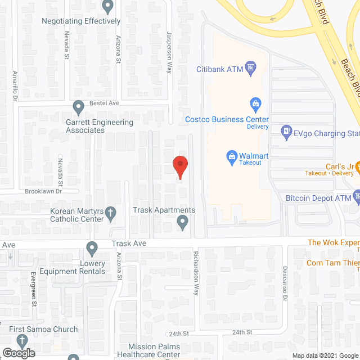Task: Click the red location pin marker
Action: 179,166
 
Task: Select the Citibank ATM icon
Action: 251,68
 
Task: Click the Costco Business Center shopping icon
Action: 255,103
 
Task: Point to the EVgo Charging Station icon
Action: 286,131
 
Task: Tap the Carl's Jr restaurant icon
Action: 356,166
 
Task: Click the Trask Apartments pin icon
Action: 182,223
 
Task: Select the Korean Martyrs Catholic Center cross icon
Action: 111,213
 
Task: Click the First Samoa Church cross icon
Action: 22,340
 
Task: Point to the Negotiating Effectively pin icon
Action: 108,7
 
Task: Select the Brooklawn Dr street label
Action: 43,191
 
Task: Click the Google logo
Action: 18,353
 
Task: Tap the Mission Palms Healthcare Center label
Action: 154,351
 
